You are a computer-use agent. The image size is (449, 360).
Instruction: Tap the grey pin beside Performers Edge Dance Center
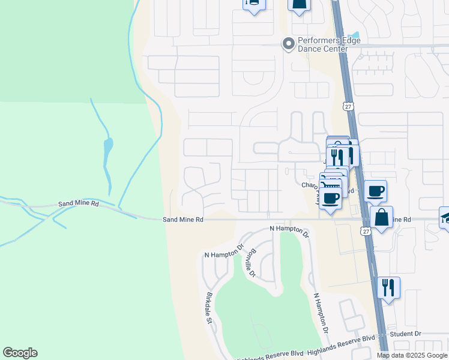click(288, 43)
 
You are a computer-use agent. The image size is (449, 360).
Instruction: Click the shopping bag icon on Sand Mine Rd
click(381, 217)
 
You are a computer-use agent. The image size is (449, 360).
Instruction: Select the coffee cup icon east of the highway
click(375, 191)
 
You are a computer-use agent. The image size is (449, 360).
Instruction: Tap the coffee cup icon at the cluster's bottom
click(330, 197)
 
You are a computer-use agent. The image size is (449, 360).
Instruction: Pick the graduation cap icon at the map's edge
click(445, 217)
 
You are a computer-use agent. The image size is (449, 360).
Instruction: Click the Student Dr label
click(405, 334)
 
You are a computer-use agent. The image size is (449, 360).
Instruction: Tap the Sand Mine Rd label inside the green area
click(78, 204)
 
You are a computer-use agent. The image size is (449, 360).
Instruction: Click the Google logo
click(20, 353)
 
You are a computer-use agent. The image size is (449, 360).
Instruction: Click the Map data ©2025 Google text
click(412, 355)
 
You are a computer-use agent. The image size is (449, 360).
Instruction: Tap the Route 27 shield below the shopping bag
click(366, 231)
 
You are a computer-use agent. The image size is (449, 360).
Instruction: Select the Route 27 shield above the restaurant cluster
click(348, 106)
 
